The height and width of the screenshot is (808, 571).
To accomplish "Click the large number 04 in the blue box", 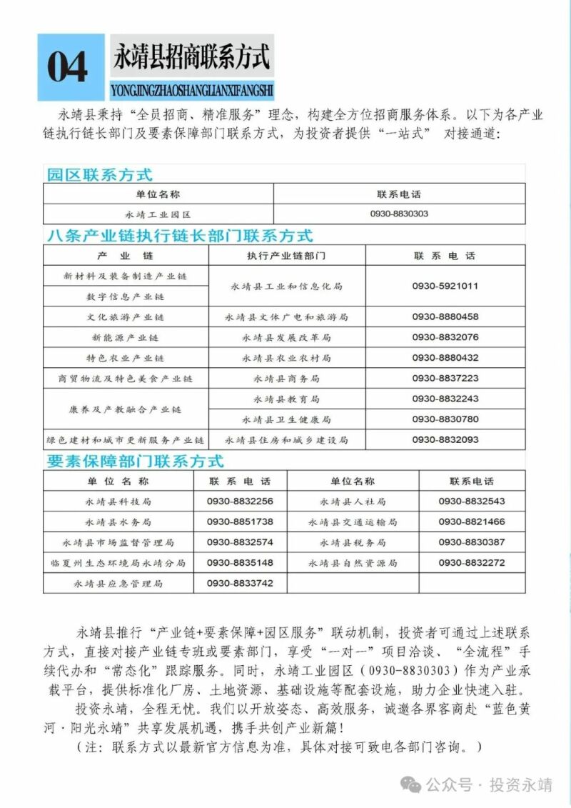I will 68,68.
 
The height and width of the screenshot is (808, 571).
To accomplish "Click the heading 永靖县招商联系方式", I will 191,56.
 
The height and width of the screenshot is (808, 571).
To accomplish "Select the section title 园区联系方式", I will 99,174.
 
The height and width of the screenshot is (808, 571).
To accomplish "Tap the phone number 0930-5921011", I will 445,286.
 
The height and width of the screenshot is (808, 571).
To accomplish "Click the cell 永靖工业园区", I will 158,214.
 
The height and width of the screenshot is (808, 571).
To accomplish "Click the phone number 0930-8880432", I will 445,358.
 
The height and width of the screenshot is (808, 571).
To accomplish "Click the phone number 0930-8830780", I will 445,419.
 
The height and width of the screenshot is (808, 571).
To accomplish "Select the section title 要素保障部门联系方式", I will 136,462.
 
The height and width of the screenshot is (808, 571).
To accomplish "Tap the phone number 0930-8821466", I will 472,522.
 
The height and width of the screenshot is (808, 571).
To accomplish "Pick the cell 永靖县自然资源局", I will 353,563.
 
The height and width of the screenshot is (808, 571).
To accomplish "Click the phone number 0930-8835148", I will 240,563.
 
